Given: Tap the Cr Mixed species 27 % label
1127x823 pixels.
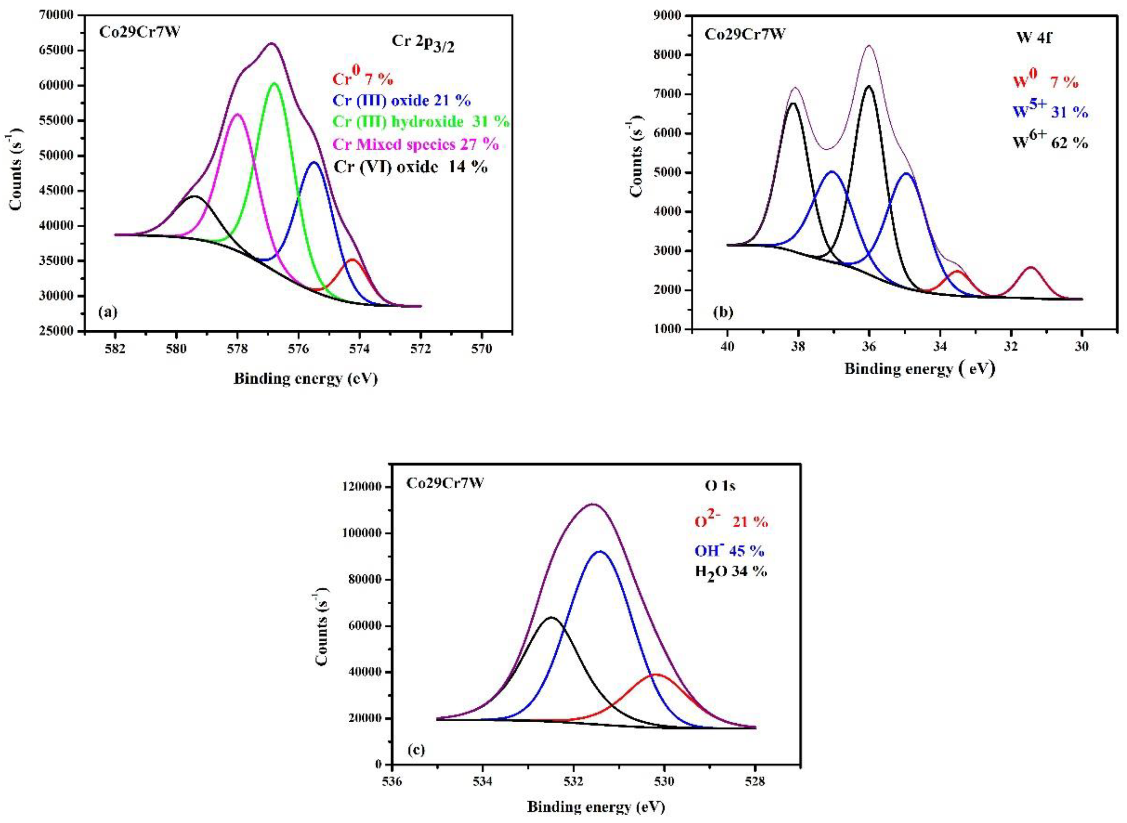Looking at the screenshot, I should [x=415, y=145].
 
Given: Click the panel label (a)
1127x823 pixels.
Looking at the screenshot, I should [x=108, y=312].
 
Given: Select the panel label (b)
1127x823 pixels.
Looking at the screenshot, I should [x=723, y=312].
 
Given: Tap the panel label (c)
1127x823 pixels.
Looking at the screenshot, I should [x=416, y=750].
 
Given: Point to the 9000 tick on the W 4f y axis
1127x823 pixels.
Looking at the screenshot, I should [x=670, y=15].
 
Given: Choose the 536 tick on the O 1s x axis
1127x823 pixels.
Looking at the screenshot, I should [x=392, y=781].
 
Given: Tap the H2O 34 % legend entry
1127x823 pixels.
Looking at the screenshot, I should [x=731, y=572].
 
